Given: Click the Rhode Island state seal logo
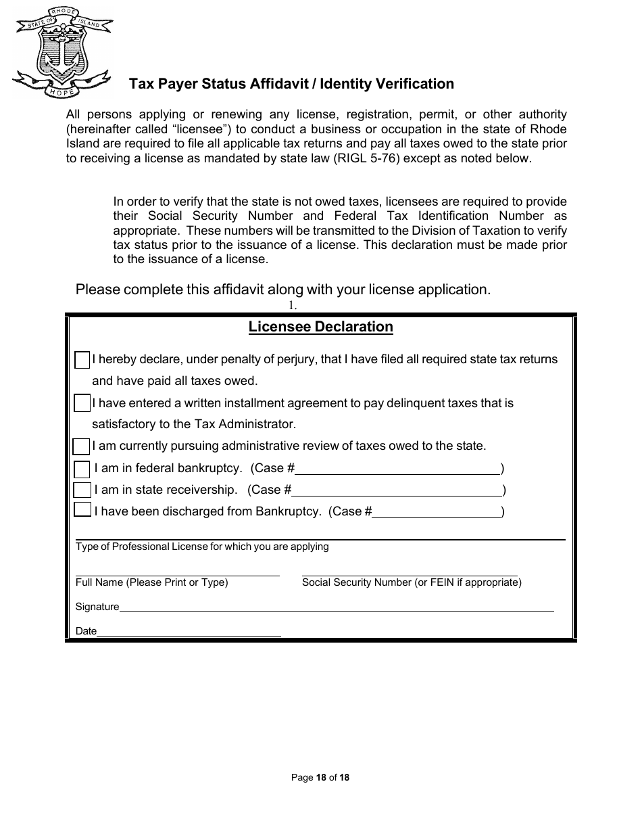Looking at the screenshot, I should (62, 51).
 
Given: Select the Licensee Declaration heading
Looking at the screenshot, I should (320, 327).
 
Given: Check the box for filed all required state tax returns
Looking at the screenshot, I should (82, 360).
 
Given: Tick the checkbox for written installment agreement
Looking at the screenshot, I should (82, 404).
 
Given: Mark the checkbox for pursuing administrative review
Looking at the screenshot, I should (81, 446).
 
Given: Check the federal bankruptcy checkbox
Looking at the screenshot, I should (82, 469).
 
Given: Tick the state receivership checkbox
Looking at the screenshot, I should (82, 490).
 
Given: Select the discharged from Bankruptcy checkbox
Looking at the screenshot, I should (82, 511).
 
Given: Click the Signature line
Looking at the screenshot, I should (336, 607).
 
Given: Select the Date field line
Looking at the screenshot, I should (189, 632).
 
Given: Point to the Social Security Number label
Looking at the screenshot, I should (412, 582).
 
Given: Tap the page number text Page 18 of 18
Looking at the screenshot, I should (320, 778).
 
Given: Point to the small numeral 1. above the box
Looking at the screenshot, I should (293, 305).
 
